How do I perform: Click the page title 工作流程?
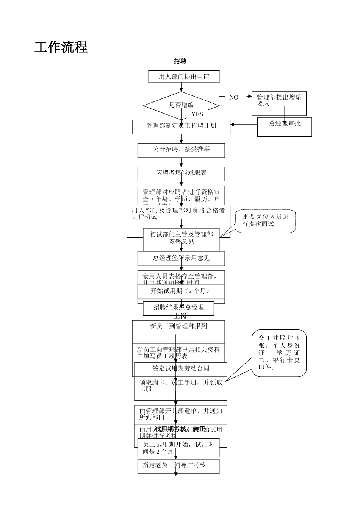pos(61,47)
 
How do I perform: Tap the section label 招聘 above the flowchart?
pos(180,61)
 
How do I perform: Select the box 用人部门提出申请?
pos(184,77)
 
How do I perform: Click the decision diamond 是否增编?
pos(181,105)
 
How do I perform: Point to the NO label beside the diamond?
pos(234,97)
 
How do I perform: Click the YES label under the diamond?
pos(197,114)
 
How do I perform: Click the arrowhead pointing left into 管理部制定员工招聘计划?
pos(233,125)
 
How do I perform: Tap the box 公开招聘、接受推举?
pos(181,150)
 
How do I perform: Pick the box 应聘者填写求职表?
pos(181,173)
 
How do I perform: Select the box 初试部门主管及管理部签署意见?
pos(181,239)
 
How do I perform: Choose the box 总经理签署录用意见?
pos(181,259)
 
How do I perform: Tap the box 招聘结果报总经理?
pos(178,308)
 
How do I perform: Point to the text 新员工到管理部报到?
pos(178,326)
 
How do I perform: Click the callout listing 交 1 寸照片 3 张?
pos(279,353)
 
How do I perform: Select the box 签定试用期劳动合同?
pos(181,368)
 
